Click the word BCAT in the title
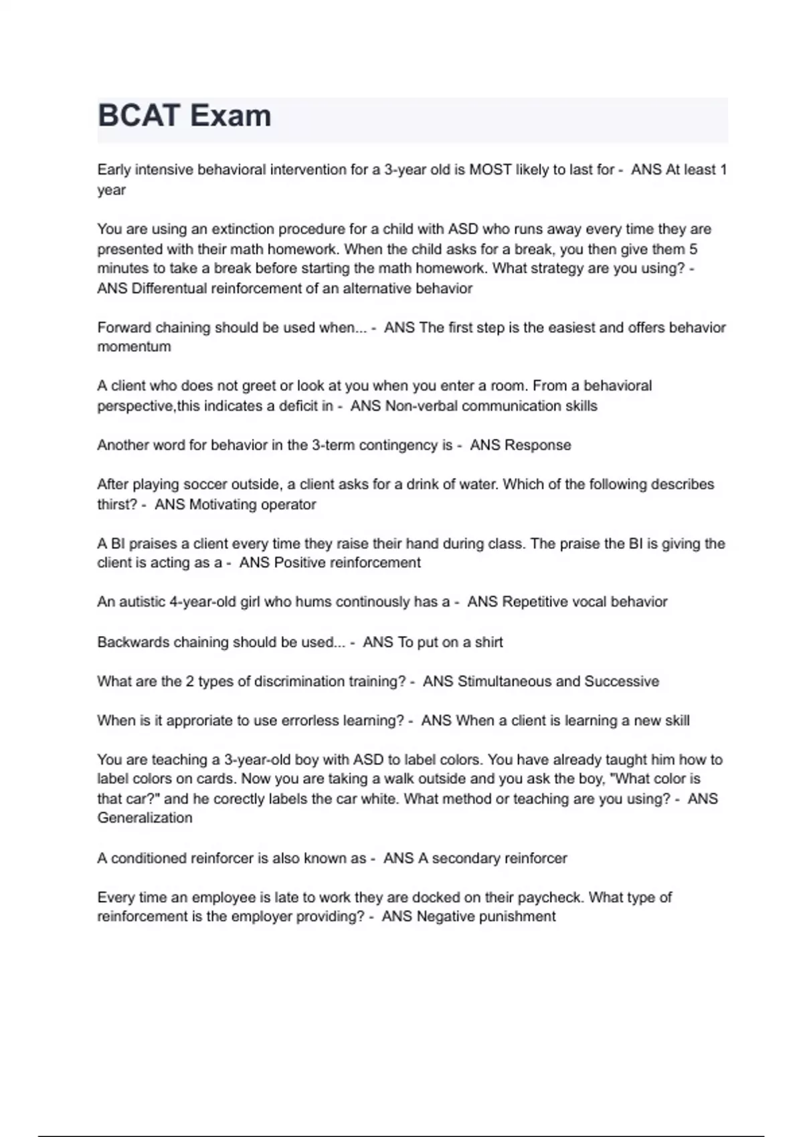point(139,116)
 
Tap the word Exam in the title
point(230,116)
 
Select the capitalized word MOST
point(490,170)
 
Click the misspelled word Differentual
point(170,288)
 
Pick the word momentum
point(134,347)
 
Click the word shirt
point(488,642)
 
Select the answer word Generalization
point(145,818)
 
